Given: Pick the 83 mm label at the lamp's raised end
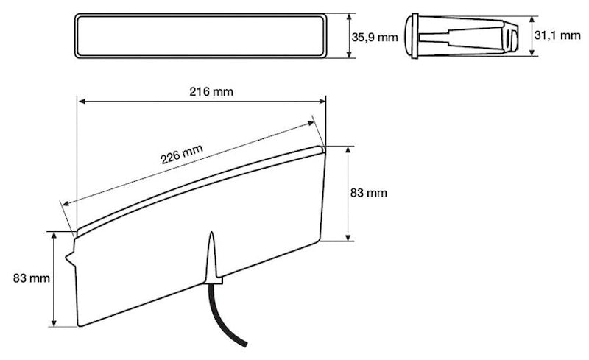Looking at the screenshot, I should [x=368, y=193].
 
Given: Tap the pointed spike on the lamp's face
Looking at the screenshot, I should [x=211, y=254].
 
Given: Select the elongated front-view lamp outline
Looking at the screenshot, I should [x=203, y=35].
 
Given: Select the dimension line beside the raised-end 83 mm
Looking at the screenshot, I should [x=348, y=193].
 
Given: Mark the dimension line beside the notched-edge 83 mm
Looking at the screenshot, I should [x=54, y=278].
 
